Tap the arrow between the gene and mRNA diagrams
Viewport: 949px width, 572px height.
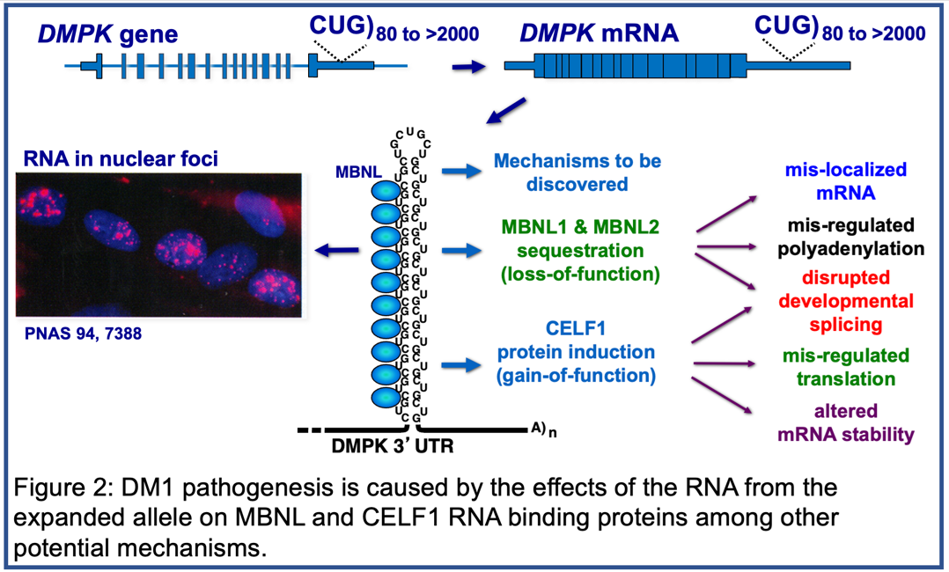467,66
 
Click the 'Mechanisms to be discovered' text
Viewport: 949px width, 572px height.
577,172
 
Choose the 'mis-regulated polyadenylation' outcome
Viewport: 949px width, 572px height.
843,237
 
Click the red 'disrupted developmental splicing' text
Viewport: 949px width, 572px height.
843,301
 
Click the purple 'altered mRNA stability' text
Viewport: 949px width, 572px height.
843,422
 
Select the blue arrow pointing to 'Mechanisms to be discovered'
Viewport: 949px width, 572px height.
458,172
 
